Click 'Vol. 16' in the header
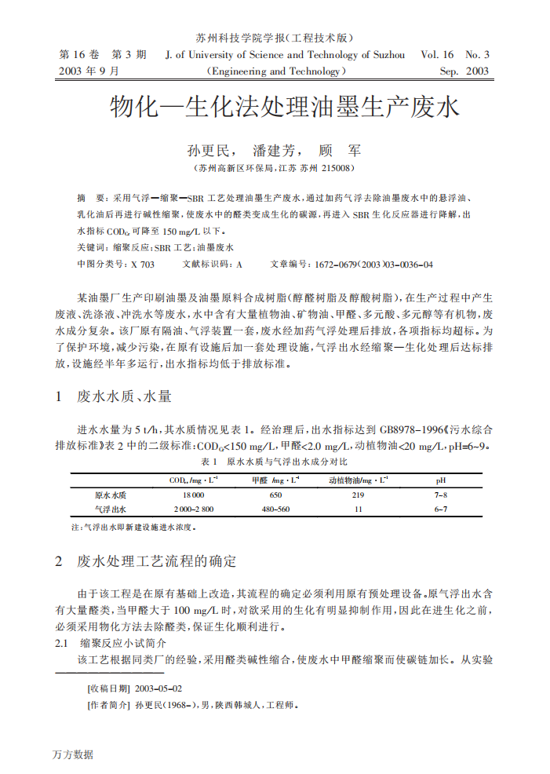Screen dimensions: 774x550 [x=437, y=55]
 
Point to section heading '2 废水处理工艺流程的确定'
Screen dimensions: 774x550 [x=145, y=562]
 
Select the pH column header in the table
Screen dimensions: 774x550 [x=441, y=480]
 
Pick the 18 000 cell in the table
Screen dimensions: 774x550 [x=193, y=495]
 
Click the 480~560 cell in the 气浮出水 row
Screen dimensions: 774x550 [x=275, y=509]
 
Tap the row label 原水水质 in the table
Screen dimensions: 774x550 [x=111, y=495]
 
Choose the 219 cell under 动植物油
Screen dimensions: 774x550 [x=358, y=495]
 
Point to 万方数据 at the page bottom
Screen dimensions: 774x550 [x=72, y=754]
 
